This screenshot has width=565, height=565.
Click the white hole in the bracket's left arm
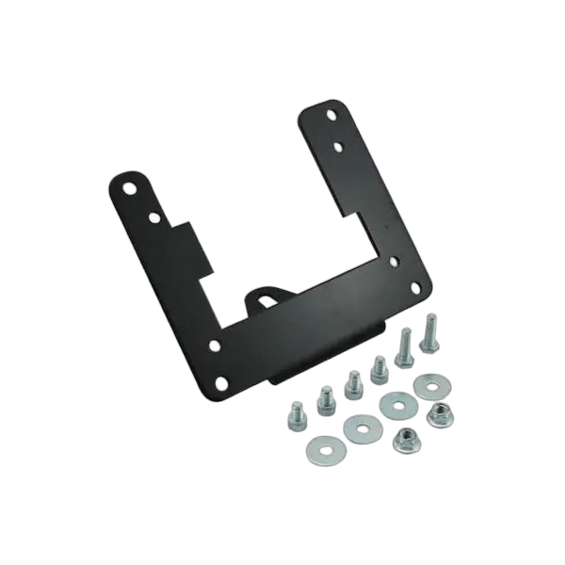tap(154, 218)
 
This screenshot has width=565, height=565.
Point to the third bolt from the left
tap(353, 382)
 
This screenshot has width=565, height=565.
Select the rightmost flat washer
tap(431, 385)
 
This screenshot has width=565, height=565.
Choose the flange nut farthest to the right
tap(437, 413)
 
